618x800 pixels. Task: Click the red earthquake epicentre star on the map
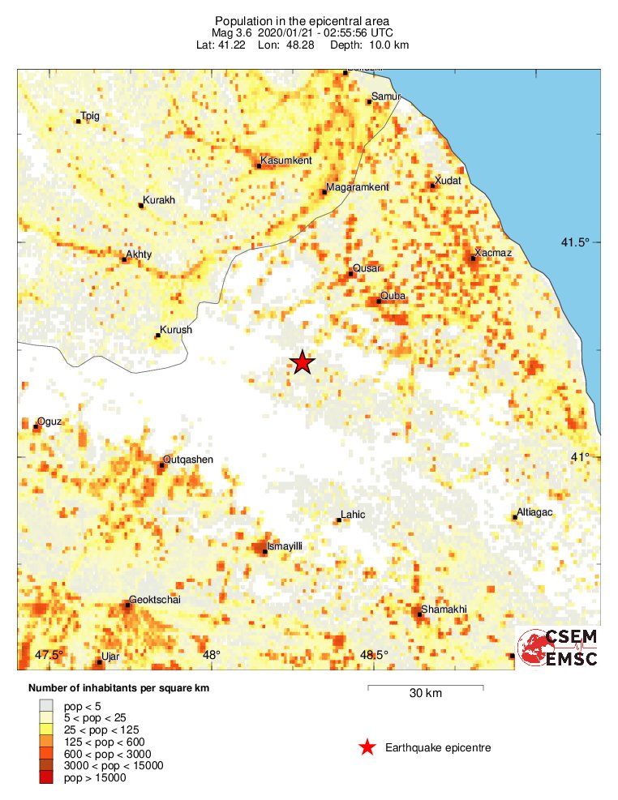pyautogui.click(x=303, y=362)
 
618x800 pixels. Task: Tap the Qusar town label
pyautogui.click(x=367, y=267)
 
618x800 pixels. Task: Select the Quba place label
pyautogui.click(x=393, y=296)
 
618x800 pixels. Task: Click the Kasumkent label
pyautogui.click(x=286, y=160)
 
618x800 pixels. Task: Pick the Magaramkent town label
pyautogui.click(x=357, y=187)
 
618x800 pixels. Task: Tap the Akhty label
pyautogui.click(x=139, y=255)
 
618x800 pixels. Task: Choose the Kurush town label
pyautogui.click(x=176, y=330)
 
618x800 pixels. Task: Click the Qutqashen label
pyautogui.click(x=188, y=460)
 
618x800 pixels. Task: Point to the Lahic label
pyautogui.click(x=353, y=515)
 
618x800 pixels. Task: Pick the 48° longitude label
pyautogui.click(x=211, y=655)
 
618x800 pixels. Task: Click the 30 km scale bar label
pyautogui.click(x=426, y=694)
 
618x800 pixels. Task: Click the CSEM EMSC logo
pyautogui.click(x=558, y=648)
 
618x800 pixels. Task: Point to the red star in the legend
pyautogui.click(x=367, y=747)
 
